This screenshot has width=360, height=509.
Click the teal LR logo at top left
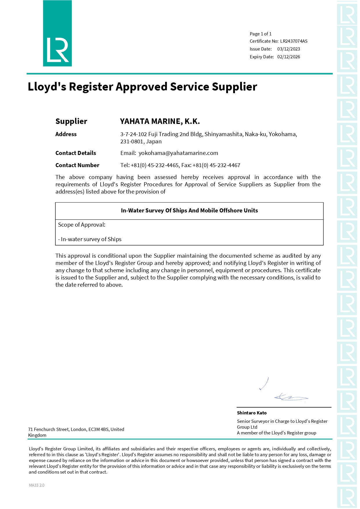[x=57, y=34]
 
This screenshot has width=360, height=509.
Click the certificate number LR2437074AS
[x=294, y=41]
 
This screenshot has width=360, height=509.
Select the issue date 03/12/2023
[x=288, y=49]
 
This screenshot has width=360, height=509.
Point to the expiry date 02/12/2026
[x=288, y=57]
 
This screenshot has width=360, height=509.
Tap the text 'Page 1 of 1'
[x=260, y=34]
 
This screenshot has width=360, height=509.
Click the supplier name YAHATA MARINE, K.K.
[x=160, y=121]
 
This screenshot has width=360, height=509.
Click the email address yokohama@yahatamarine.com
[x=178, y=153]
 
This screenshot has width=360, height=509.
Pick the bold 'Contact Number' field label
[x=77, y=165]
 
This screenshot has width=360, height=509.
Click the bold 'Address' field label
[x=66, y=134]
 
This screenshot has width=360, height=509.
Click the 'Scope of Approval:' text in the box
[x=82, y=225]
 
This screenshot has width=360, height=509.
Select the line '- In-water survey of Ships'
[x=90, y=239]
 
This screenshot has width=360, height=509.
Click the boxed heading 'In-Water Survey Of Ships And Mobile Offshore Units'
[x=189, y=211]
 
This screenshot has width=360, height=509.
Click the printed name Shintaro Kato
[x=252, y=413]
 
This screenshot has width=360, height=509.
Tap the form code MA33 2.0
[x=37, y=485]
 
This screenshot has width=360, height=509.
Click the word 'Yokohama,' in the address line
[x=283, y=134]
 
